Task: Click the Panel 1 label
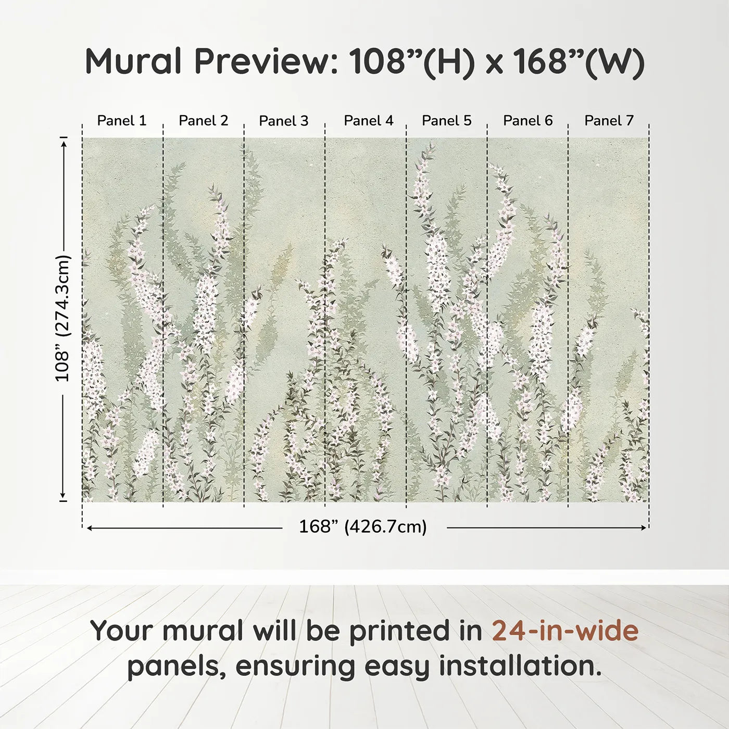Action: (x=122, y=121)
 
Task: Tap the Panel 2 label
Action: (x=203, y=121)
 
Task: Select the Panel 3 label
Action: (x=284, y=121)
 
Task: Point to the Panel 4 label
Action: (x=369, y=121)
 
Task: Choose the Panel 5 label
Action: (x=446, y=121)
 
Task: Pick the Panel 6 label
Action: (x=527, y=121)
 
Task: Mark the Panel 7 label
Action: (x=609, y=121)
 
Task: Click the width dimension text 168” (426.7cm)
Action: (x=363, y=527)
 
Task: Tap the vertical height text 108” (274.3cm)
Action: (x=62, y=318)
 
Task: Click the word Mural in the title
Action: (x=133, y=61)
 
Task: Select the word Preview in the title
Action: (x=265, y=61)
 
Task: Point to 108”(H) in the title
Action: (x=412, y=61)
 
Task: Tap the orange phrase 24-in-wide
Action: (x=565, y=631)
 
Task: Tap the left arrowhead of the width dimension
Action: (x=90, y=528)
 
